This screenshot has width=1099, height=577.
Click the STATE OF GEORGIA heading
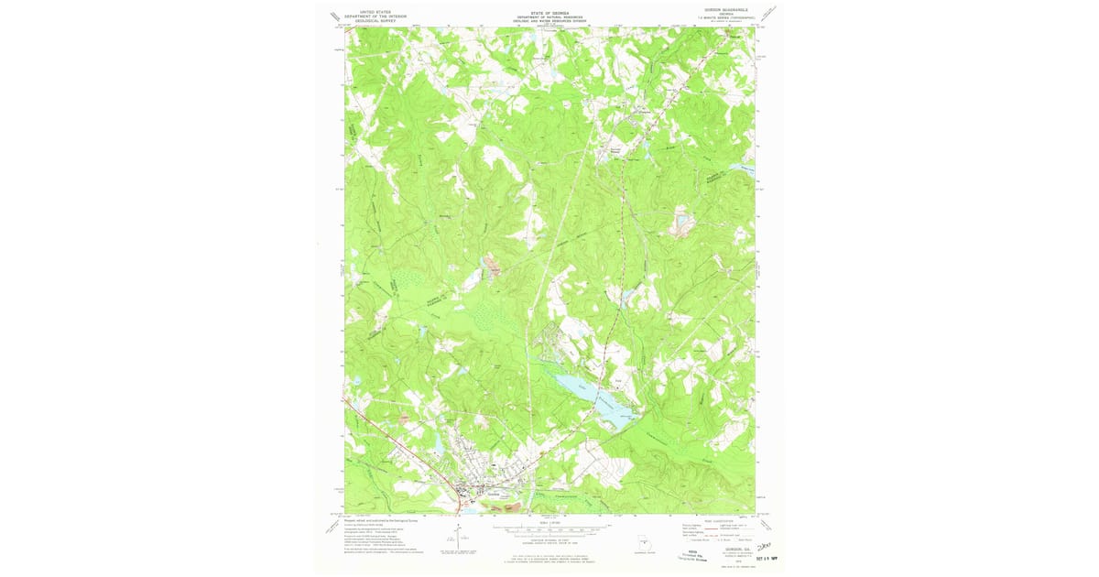point(549,13)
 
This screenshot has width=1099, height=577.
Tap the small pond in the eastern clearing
point(682,220)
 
